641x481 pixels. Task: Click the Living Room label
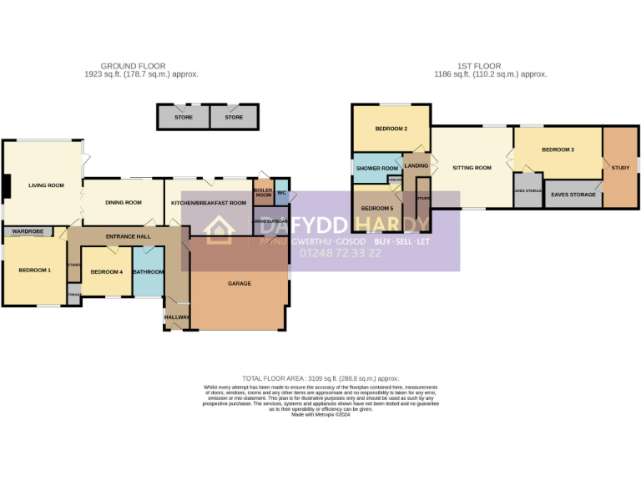46,185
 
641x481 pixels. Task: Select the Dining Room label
124,203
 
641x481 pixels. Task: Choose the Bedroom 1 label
34,270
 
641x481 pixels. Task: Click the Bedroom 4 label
106,271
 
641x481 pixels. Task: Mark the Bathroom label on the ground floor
149,271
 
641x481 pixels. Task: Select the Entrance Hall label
128,237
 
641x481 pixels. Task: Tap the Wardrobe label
28,231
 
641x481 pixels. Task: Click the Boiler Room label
263,192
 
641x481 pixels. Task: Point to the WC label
281,193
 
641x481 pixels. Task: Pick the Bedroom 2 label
391,129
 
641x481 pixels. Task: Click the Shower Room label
377,168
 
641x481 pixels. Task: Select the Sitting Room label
472,168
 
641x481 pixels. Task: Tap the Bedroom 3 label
558,149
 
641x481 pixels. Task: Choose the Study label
620,168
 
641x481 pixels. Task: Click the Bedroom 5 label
376,208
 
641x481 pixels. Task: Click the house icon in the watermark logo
219,230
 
